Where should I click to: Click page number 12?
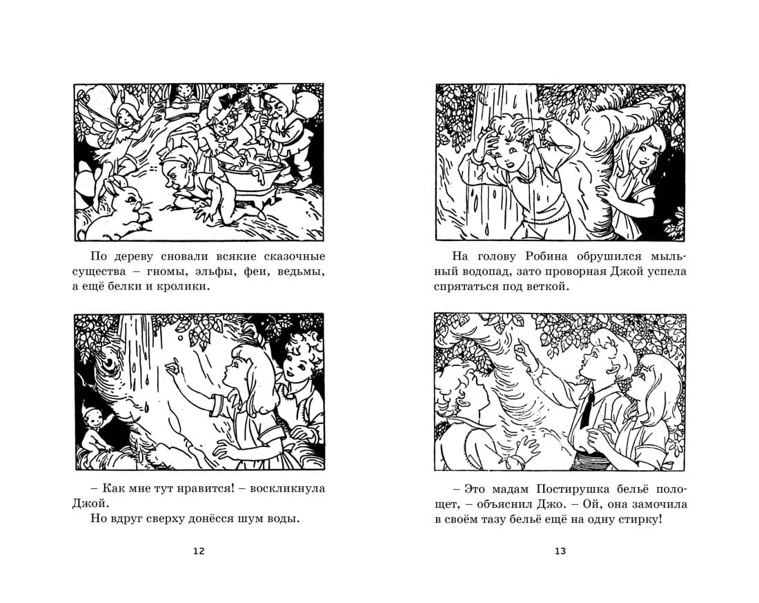(199, 551)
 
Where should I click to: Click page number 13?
(560, 551)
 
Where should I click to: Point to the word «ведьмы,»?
(301, 271)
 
